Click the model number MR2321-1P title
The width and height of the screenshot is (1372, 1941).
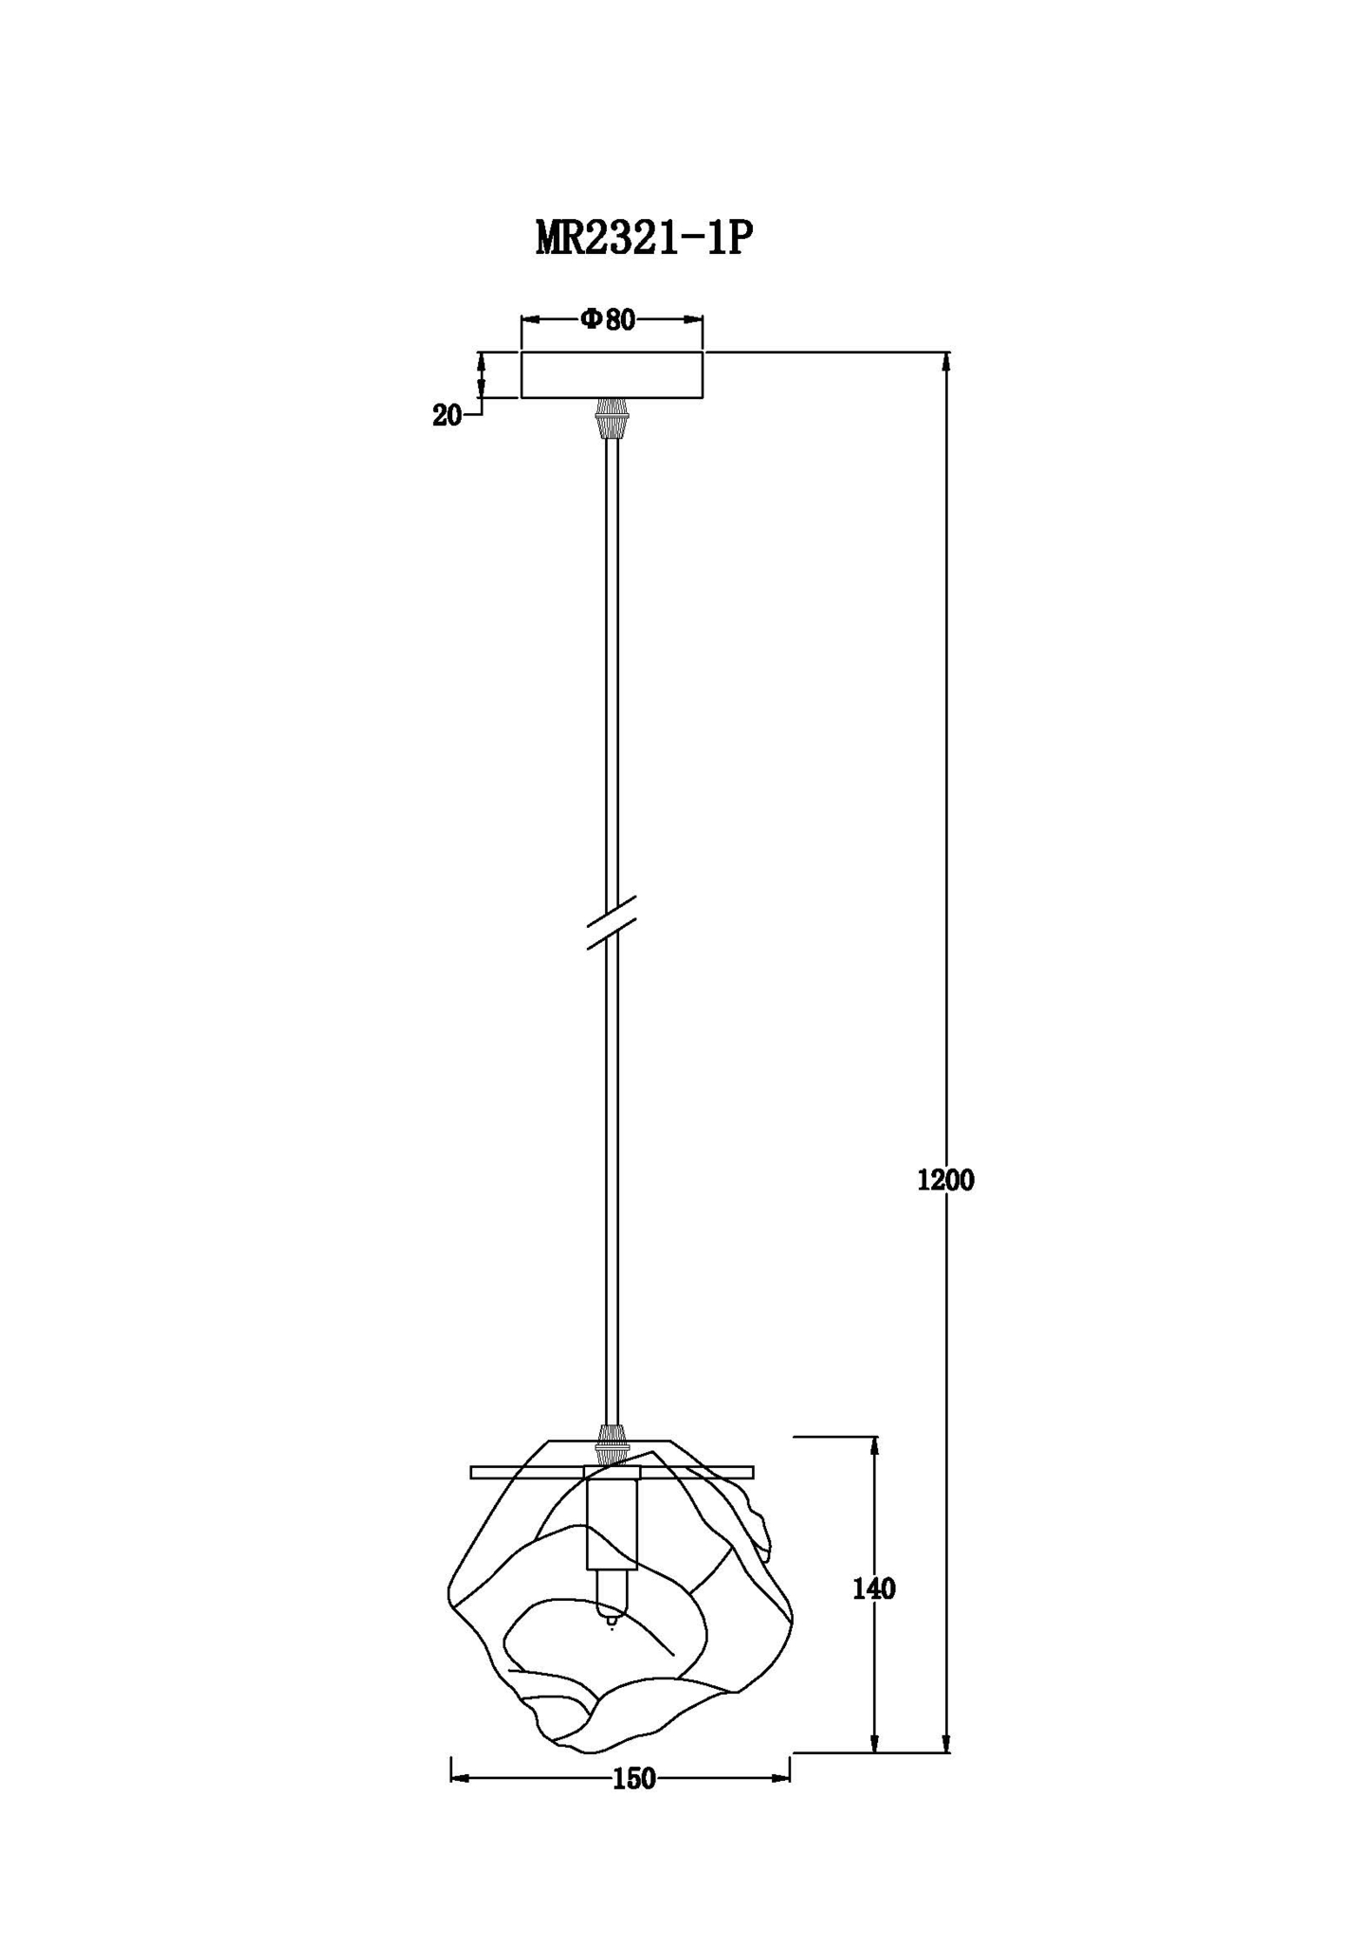[x=644, y=239]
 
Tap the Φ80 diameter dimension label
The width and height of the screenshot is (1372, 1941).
[x=608, y=319]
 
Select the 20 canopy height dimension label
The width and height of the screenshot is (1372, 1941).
[x=447, y=415]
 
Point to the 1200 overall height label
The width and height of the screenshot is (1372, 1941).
[x=945, y=1180]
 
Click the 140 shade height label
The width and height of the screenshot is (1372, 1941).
[x=873, y=1589]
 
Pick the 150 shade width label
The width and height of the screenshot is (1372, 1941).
[x=633, y=1779]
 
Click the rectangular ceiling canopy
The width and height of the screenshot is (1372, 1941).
[x=612, y=374]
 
